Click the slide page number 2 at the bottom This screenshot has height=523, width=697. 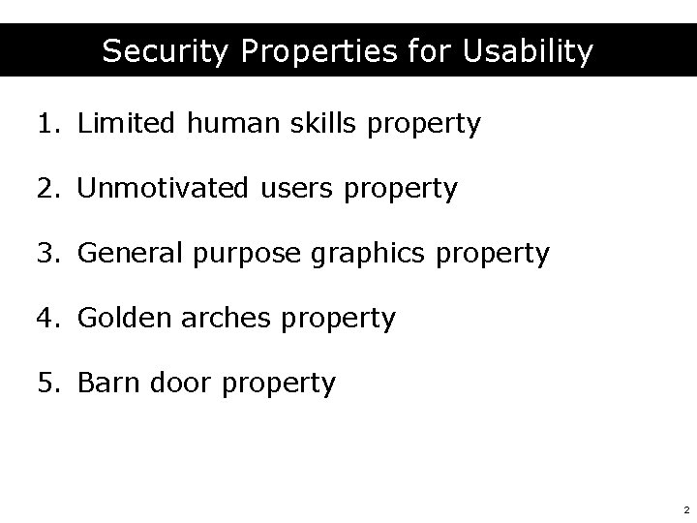(685, 508)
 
